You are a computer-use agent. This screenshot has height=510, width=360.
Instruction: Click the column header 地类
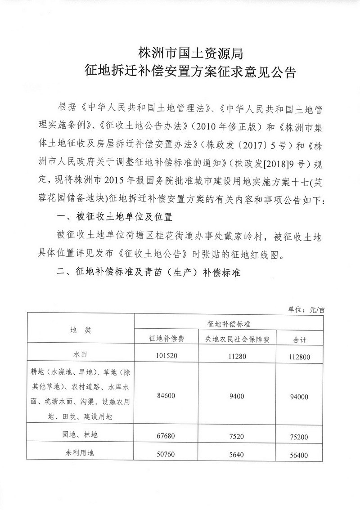pyautogui.click(x=81, y=330)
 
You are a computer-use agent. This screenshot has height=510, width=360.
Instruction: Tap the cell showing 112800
pyautogui.click(x=299, y=357)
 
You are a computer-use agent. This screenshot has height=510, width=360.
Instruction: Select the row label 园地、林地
pyautogui.click(x=81, y=434)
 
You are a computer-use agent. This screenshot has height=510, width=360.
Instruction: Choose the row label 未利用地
pyautogui.click(x=81, y=454)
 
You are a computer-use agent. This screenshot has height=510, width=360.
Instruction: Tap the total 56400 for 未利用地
pyautogui.click(x=299, y=456)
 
